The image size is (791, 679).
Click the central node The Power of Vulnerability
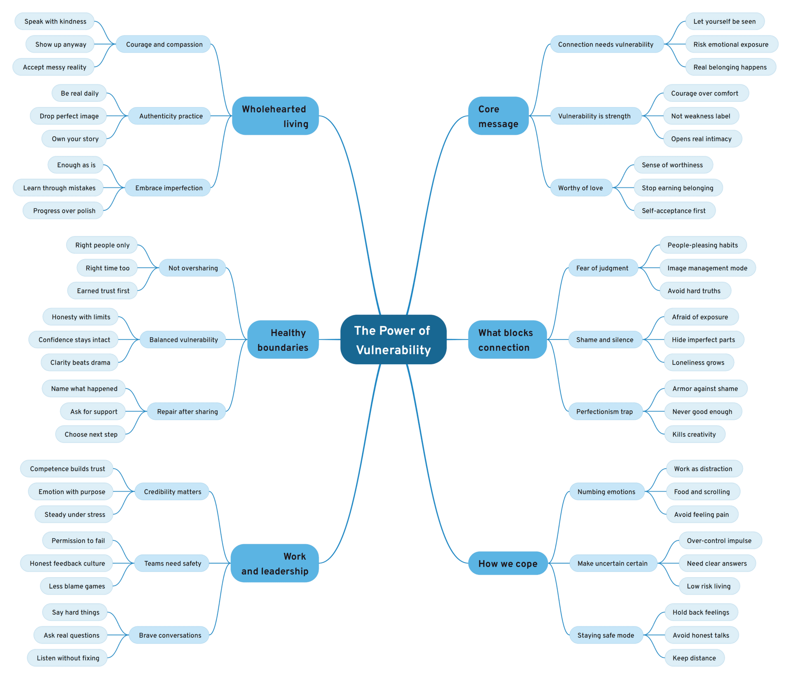pos(393,339)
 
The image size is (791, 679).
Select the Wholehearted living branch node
pos(275,116)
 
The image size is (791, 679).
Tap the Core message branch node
pos(498,116)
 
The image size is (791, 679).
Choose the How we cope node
pos(508,563)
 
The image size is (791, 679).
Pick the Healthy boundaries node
pos(283,339)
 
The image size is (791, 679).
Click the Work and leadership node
pos(275,563)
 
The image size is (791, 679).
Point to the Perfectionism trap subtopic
pos(604,412)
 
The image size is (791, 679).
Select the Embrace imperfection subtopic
pos(168,188)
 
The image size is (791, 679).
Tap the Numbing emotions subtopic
pos(606,492)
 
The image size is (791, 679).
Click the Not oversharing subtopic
pos(193,268)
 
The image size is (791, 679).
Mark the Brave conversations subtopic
pos(170,635)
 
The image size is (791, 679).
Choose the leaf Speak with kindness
pos(55,21)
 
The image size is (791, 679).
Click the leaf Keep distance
pos(694,658)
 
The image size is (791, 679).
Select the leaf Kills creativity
pos(694,434)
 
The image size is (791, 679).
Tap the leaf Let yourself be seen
pos(724,21)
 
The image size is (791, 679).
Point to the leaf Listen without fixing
pos(68,658)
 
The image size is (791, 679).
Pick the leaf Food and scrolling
pos(702,492)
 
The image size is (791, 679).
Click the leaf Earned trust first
pos(103,291)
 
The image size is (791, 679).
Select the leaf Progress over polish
pos(64,211)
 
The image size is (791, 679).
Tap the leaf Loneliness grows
pos(698,363)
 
